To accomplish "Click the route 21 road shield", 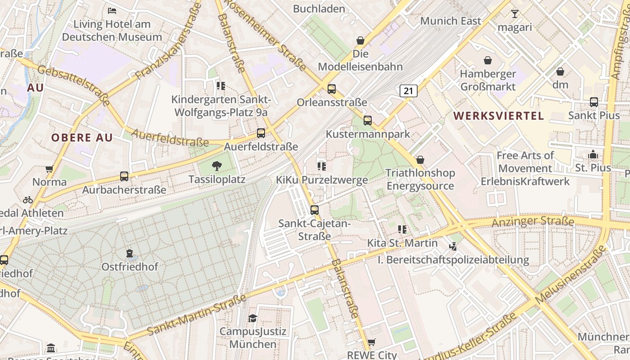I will tap(408, 91).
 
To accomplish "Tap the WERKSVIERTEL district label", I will tap(499, 116).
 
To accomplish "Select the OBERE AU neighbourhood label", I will tap(81, 138).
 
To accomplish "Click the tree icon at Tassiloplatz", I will tap(217, 166).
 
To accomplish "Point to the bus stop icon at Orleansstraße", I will tap(332, 89).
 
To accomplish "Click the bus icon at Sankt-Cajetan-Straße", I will tap(315, 210).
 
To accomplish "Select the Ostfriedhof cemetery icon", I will tap(130, 254).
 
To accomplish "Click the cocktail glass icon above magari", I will tap(515, 14).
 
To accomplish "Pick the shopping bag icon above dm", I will tap(560, 72).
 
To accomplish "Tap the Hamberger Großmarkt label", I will tap(487, 80).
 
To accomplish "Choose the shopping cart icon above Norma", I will tap(49, 169).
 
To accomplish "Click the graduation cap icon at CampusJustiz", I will tap(252, 319).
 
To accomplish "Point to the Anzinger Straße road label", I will tap(533, 221).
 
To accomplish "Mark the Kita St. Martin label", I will tap(402, 243).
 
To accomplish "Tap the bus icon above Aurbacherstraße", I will tap(124, 176).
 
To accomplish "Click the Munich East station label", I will tap(450, 21).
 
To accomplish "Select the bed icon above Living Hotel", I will tap(112, 10).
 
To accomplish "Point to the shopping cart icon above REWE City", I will tap(371, 342).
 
